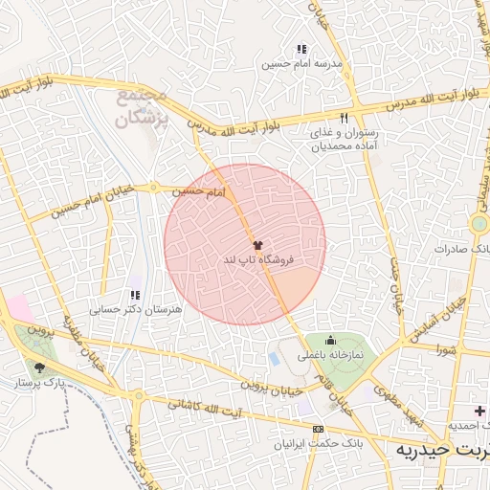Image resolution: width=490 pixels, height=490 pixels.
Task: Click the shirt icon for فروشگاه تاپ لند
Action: point(256,245)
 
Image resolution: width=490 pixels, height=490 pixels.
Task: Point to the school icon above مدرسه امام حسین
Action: point(301,49)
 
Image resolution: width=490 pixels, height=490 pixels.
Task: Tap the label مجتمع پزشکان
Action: point(143,108)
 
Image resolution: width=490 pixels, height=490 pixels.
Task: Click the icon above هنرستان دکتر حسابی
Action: point(135,296)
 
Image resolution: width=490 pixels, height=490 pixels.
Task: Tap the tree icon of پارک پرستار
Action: point(39,367)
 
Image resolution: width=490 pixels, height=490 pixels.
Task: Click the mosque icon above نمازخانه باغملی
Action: point(331,340)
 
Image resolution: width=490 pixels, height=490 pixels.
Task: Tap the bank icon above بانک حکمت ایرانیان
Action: point(318,430)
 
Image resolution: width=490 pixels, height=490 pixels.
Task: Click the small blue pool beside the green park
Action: point(275,359)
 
